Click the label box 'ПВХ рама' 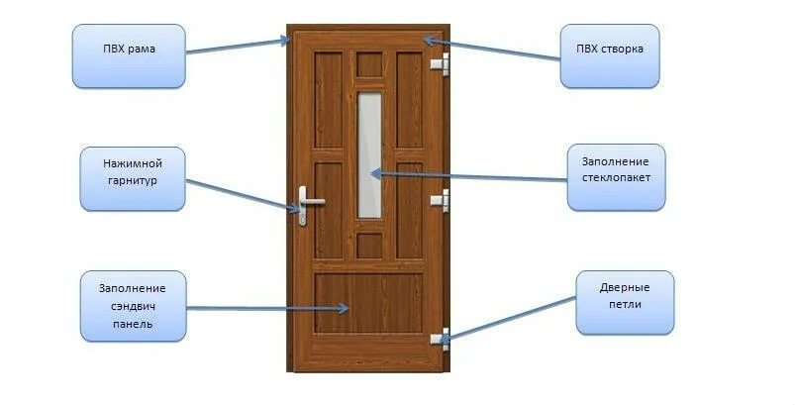(129, 55)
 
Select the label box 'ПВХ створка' (609, 56)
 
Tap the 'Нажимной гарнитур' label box (132, 177)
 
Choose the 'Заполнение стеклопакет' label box (615, 176)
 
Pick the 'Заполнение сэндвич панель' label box (133, 306)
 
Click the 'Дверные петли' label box (625, 302)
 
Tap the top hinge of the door (440, 65)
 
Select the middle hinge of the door (440, 200)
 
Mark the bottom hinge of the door (440, 337)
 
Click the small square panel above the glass (368, 64)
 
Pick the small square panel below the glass (368, 245)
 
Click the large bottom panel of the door (368, 302)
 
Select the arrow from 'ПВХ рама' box (238, 47)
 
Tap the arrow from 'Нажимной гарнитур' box (243, 195)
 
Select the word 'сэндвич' (132, 306)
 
